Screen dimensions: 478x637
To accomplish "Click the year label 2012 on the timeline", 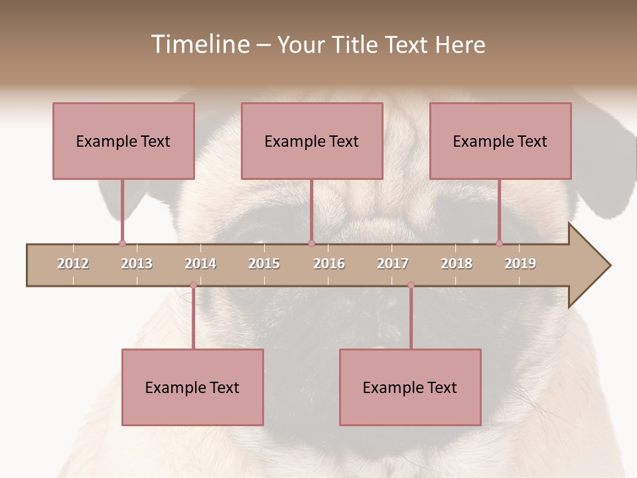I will pos(73,264).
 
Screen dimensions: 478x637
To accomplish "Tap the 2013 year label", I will pos(137,264).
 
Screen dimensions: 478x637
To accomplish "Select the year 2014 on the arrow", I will pos(200,264).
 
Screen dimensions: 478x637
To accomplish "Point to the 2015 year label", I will pos(264,264).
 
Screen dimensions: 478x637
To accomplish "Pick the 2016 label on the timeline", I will pos(329,264).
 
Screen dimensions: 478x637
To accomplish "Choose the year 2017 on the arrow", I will pos(393,264).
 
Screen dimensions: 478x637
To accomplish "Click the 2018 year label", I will pos(457,264).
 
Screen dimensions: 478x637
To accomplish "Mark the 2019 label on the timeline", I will pos(520,264).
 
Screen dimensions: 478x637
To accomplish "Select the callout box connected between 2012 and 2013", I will pos(123,141).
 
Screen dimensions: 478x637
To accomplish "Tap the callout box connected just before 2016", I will pos(312,141).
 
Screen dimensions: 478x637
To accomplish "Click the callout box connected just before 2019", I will pos(500,141).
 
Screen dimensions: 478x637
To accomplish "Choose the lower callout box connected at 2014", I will pos(192,387).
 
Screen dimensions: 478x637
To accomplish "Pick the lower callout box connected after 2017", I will pos(410,387).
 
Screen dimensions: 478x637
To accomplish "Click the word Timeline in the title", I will pos(199,44).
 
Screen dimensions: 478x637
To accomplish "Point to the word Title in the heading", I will pos(356,44).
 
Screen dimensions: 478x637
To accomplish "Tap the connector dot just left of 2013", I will pos(122,244).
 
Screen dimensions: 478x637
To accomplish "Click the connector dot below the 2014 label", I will pos(193,285).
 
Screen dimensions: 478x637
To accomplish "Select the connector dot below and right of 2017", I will pos(411,285).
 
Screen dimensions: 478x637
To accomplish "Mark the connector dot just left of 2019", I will pos(499,244).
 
